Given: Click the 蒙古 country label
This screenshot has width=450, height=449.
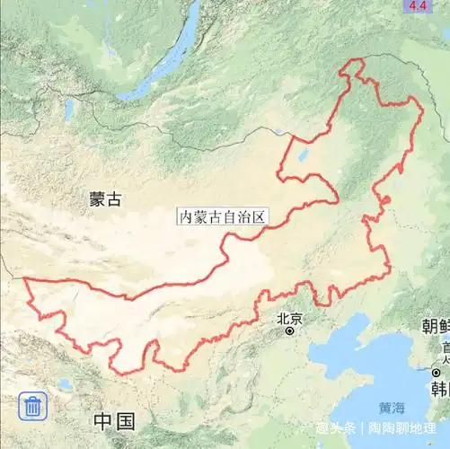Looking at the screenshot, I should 105,199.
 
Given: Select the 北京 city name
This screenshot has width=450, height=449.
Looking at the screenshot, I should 290,318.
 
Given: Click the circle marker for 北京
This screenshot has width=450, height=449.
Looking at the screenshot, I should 290,331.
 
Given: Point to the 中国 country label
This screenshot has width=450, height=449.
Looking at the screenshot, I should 114,421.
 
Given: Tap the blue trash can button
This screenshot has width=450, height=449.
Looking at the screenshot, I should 32,406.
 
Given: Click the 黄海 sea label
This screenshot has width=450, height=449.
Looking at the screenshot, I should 392,405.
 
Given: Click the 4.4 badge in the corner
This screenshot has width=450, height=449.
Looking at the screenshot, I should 418,6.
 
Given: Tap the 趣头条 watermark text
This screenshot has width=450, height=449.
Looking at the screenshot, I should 335,427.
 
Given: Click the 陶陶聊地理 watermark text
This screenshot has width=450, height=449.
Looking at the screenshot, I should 405,427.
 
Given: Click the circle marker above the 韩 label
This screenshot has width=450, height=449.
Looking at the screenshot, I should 437,372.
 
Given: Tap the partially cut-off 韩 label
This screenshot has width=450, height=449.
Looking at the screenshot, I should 439,389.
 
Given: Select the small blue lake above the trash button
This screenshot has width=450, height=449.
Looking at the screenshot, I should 65,383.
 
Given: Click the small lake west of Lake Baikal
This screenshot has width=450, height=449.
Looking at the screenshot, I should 68,110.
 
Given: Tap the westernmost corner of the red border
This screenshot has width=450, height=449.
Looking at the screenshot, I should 24,281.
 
